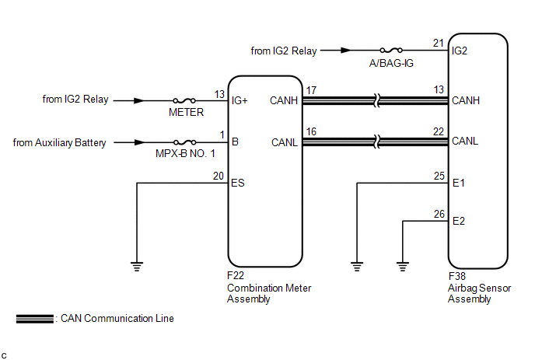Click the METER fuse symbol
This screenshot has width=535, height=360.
[x=184, y=100]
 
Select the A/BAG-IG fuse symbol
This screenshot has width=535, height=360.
[x=391, y=51]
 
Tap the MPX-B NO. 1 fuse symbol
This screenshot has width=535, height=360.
[x=184, y=142]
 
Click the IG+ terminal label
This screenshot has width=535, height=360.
[x=240, y=100]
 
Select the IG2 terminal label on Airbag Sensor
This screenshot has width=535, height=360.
[x=460, y=51]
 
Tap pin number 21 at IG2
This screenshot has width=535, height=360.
[x=439, y=43]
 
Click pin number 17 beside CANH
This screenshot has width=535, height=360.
[x=311, y=90]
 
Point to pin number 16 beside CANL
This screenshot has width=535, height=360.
[x=311, y=131]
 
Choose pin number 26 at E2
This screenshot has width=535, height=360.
[x=439, y=214]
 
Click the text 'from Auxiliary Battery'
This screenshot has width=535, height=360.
[x=59, y=142]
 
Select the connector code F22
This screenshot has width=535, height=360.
[x=236, y=275]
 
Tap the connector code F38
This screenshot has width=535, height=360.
[x=457, y=276]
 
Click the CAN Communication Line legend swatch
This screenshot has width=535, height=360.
[x=35, y=319]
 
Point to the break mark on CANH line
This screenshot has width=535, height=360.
[x=376, y=100]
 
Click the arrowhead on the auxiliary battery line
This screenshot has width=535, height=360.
[x=140, y=142]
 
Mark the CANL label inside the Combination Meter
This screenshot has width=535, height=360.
[x=285, y=142]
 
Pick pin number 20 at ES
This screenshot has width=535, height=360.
[x=219, y=176]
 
